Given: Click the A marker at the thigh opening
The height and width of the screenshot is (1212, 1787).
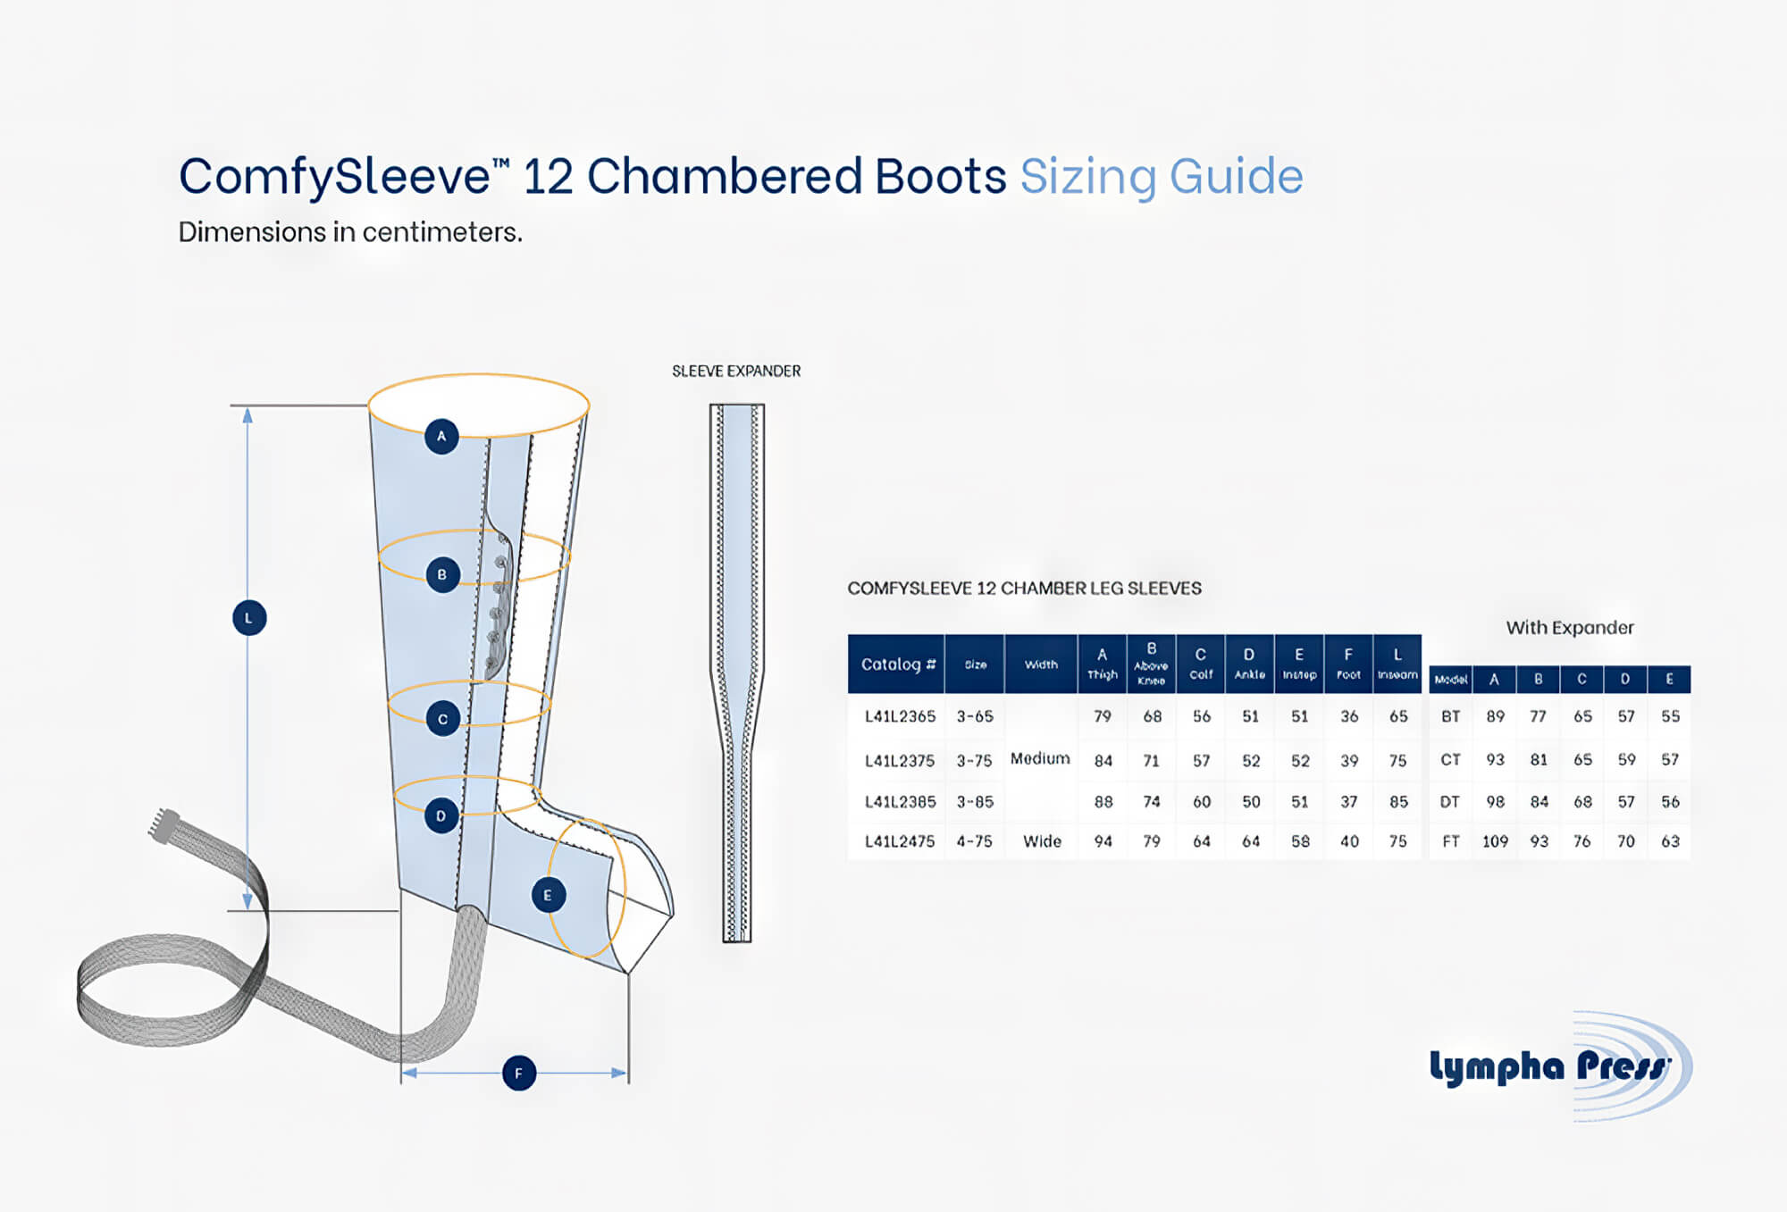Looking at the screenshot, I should point(441,437).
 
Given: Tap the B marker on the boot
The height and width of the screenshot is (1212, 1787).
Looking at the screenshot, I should point(442,574).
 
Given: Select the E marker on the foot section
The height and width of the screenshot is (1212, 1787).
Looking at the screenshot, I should point(548,895).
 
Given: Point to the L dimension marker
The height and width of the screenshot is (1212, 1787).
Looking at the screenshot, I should point(249,618).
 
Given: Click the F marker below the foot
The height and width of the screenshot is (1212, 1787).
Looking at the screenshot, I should point(519,1073).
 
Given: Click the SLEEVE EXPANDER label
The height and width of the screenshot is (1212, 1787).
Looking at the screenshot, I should point(736,371).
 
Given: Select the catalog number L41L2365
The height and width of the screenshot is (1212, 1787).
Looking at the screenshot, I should point(900,716).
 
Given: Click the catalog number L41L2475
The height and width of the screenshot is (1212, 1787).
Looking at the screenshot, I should point(900,841).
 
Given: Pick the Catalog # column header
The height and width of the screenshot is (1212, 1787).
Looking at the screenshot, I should point(897,664).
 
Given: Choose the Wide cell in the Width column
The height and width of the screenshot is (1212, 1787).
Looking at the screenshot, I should point(1042,841).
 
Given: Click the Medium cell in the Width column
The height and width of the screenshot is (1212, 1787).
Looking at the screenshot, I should point(1040,758).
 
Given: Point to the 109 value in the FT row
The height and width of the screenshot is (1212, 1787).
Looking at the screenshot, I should point(1495,841).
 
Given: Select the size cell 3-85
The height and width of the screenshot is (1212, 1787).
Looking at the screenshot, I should point(975,802).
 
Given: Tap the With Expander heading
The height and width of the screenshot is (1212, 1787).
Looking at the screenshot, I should point(1570,628).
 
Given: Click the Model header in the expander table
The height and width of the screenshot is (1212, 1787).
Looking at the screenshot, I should point(1450,680).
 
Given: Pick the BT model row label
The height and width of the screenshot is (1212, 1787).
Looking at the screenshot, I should point(1450,716).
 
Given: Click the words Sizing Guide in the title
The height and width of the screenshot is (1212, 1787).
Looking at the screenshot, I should point(1162,176).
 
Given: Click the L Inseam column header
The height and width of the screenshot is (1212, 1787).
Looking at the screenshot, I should point(1397,664).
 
